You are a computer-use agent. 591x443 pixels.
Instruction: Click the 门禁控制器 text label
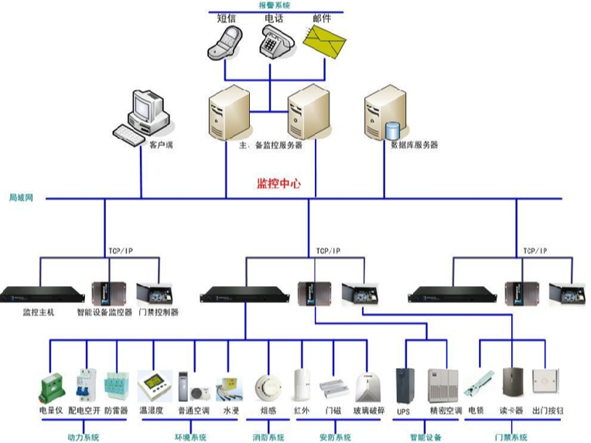pos(159,312)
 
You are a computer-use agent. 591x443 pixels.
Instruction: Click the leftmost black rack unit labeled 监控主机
pos(41,295)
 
